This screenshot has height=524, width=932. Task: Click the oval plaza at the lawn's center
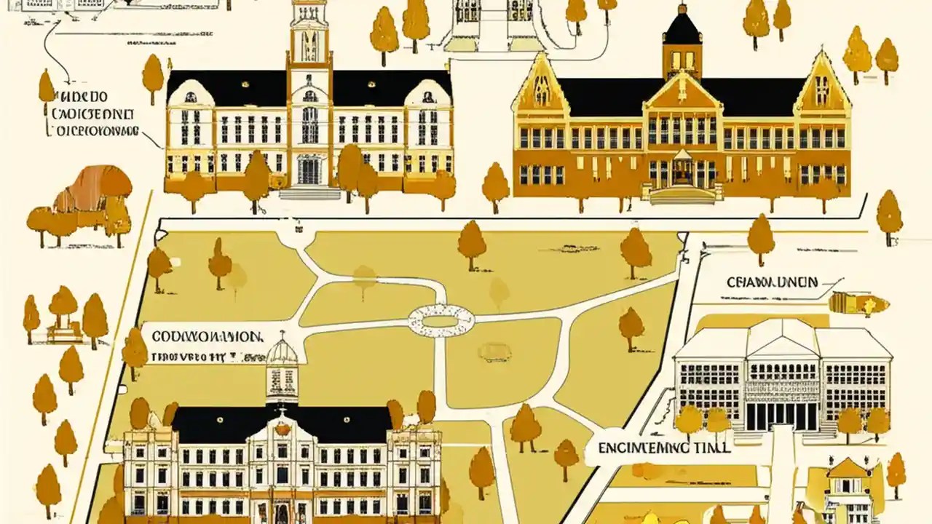(x=441, y=320)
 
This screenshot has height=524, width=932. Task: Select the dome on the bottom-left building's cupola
(x=282, y=352)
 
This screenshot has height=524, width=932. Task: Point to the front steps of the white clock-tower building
(x=309, y=192)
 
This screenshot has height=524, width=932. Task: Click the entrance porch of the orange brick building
(x=682, y=172)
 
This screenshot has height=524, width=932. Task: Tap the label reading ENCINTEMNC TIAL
(x=663, y=448)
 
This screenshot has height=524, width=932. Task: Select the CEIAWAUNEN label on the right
(x=773, y=282)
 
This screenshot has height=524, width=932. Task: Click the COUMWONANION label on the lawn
(x=207, y=337)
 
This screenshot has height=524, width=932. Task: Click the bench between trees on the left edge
(x=65, y=333)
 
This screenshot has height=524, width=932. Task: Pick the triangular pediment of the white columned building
(x=782, y=338)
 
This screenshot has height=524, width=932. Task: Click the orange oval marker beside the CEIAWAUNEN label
(x=859, y=303)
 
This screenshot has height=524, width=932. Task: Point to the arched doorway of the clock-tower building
(x=309, y=170)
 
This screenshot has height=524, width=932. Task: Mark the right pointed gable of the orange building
(x=823, y=84)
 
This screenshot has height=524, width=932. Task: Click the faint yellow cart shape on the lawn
(x=494, y=352)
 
